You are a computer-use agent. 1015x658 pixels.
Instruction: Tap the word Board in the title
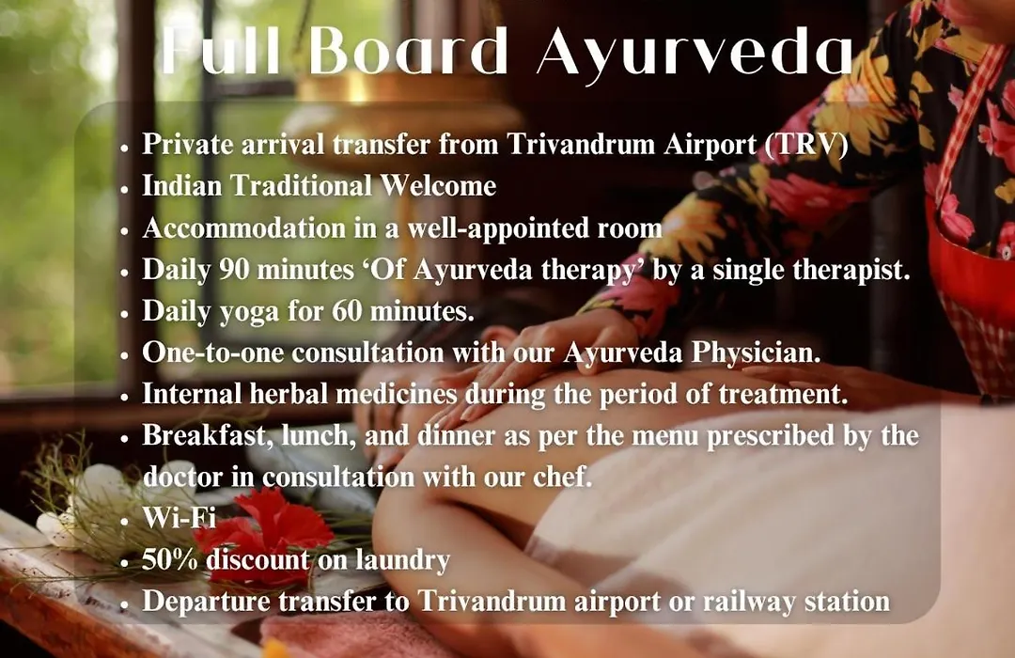(409, 51)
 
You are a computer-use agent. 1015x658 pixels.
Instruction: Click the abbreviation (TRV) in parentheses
(806, 145)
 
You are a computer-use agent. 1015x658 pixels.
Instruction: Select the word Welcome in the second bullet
(438, 186)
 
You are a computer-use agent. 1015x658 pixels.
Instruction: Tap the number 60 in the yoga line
(348, 311)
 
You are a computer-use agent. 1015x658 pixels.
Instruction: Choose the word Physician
(756, 353)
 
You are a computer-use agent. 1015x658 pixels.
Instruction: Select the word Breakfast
(206, 436)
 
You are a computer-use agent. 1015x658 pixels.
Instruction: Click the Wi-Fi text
(180, 518)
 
